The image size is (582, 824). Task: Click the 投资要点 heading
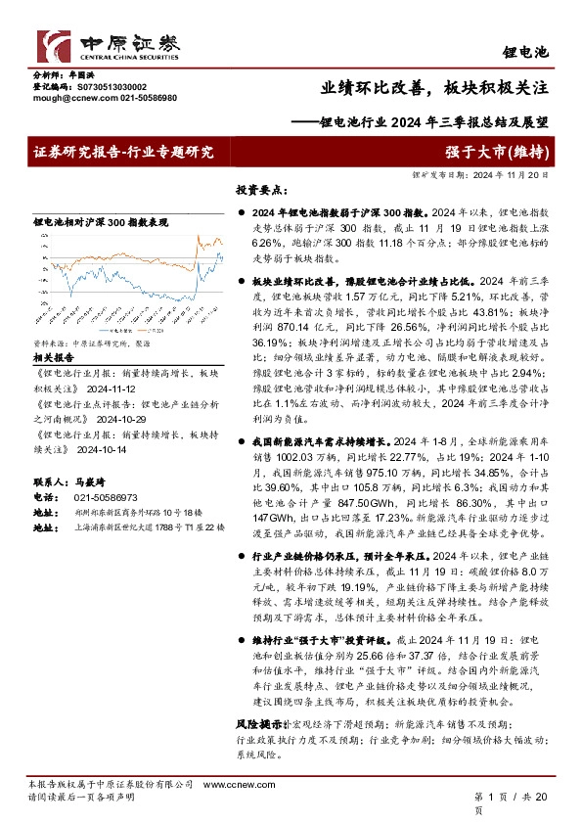point(261,188)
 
